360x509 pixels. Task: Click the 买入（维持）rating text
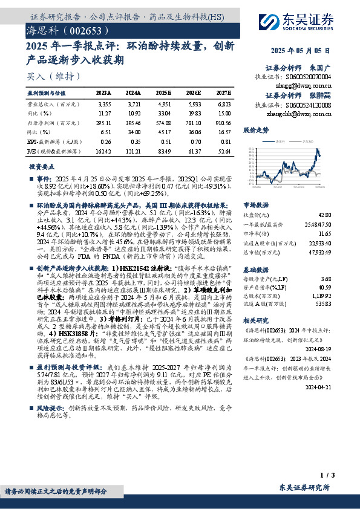[x=54, y=76]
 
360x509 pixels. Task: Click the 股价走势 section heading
[x=255, y=130]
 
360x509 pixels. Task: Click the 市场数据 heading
[x=255, y=205]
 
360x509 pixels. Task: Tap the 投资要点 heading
[x=42, y=166]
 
